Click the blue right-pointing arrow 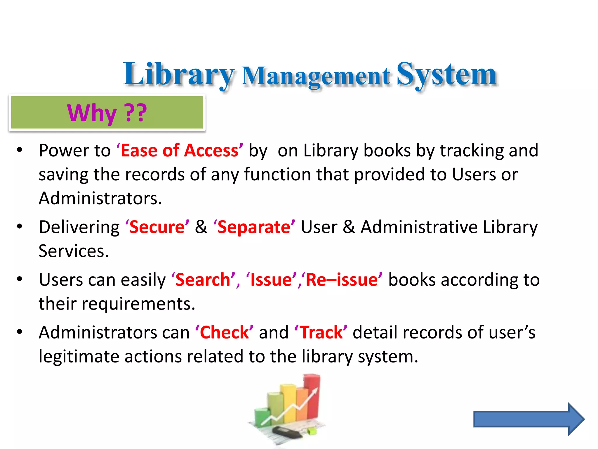click(529, 419)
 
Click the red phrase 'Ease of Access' click(180, 151)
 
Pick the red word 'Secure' click(157, 227)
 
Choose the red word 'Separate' click(254, 227)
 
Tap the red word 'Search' click(203, 280)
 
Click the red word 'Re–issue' click(342, 280)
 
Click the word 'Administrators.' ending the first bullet click(100, 198)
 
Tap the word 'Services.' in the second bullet click(74, 251)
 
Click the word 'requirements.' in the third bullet click(138, 304)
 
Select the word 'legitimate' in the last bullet click(79, 357)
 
